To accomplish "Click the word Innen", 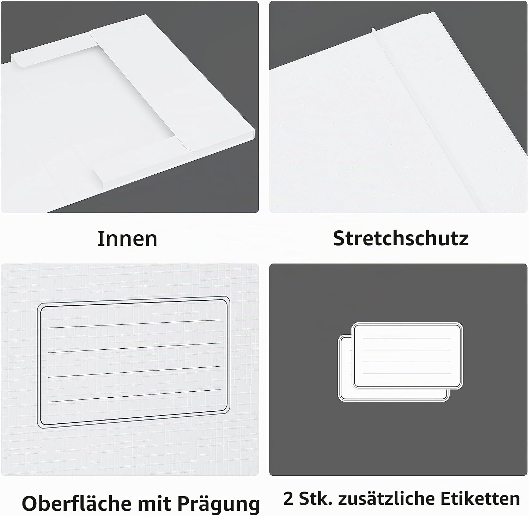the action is tap(127, 239).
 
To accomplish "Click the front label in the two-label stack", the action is tap(407, 356).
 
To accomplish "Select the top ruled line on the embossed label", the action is tap(134, 324).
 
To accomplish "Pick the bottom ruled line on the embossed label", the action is tap(134, 396).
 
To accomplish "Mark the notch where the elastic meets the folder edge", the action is tap(373, 29).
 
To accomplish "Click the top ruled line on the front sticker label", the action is tap(407, 338).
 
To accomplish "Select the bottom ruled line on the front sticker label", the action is tap(407, 373).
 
